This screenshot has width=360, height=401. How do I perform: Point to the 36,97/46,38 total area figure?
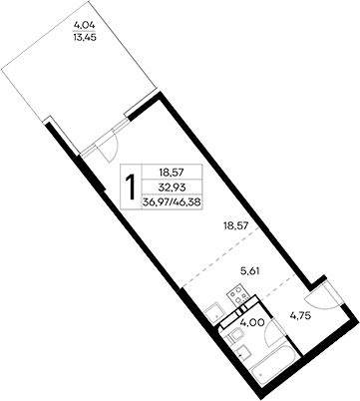pyautogui.click(x=169, y=201)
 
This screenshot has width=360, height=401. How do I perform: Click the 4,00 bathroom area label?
pyautogui.click(x=253, y=321)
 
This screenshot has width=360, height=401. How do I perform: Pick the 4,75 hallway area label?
pyautogui.click(x=301, y=319)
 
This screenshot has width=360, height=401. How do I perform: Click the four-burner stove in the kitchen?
pyautogui.click(x=236, y=296)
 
